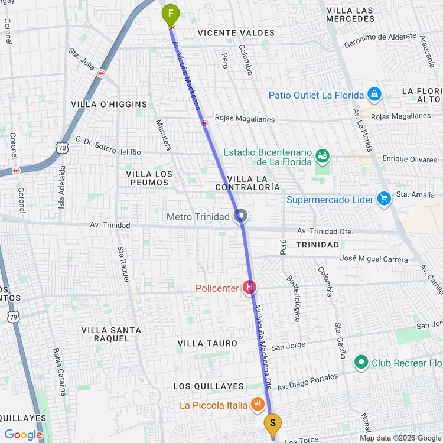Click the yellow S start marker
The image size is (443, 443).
click(272, 424)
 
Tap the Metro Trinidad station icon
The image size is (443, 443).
click(240, 217)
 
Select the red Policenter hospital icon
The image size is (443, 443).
click(250, 288)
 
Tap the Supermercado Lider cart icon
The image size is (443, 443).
click(384, 199)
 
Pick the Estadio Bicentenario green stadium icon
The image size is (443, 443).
click(322, 156)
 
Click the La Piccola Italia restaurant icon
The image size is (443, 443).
click(258, 405)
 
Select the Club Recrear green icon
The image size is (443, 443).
click(360, 362)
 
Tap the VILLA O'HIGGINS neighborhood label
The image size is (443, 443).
click(109, 105)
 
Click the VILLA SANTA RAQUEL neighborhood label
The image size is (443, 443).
click(111, 334)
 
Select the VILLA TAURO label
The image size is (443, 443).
click(207, 343)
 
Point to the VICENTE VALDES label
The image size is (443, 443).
click(229, 33)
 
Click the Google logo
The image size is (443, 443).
click(23, 435)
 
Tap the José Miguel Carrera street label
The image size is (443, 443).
click(374, 259)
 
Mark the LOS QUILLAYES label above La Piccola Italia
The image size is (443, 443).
click(209, 386)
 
